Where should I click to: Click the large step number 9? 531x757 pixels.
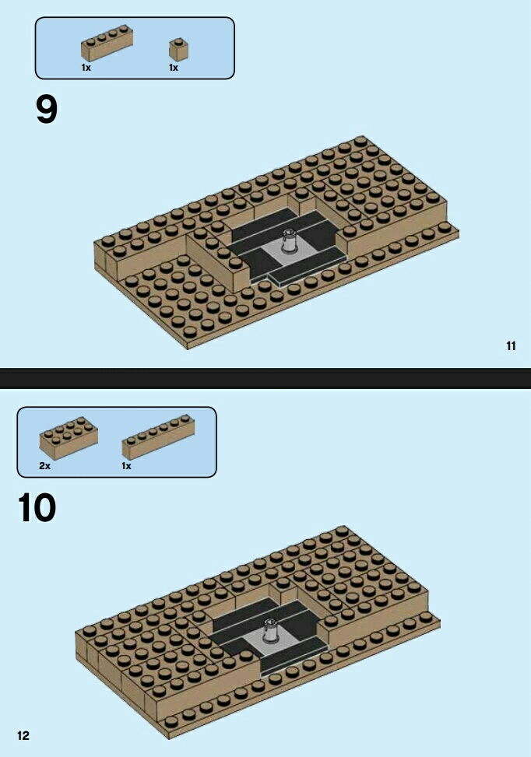tap(47, 109)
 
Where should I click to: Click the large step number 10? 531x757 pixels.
tap(37, 507)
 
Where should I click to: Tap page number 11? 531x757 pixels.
tap(512, 345)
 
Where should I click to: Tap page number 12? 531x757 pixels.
tap(23, 735)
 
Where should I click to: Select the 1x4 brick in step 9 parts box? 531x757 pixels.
tap(107, 43)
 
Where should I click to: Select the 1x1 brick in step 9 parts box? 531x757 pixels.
tap(178, 49)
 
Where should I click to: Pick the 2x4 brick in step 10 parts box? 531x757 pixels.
tap(68, 438)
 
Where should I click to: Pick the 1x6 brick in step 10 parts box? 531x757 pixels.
tap(158, 437)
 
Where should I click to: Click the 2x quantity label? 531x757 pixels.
tap(44, 466)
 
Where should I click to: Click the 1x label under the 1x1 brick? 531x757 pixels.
tap(174, 68)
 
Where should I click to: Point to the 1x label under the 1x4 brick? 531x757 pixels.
tap(86, 68)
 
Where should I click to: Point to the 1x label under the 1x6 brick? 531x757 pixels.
tap(126, 466)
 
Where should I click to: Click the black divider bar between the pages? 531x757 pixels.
tap(265, 378)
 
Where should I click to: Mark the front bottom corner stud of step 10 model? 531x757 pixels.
tap(170, 723)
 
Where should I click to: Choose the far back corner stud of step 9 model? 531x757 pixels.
tap(360, 141)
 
